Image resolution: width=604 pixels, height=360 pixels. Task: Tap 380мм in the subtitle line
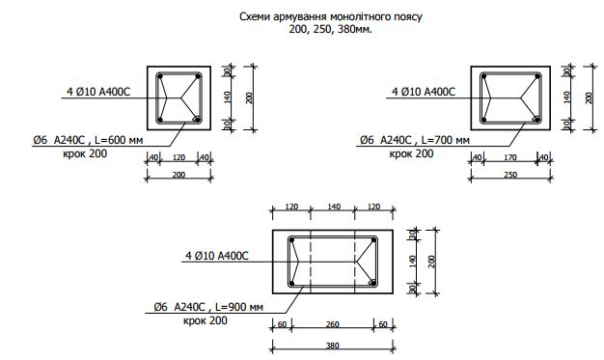pos(353,30)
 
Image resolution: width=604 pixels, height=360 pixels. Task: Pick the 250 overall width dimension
pos(510,175)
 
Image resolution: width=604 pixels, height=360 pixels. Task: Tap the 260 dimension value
pos(333,323)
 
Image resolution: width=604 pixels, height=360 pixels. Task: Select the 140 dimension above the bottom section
pos(333,207)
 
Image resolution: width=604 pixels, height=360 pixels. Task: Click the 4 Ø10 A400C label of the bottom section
pos(217,256)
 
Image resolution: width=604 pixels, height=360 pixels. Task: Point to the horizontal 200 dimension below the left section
pos(178,175)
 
